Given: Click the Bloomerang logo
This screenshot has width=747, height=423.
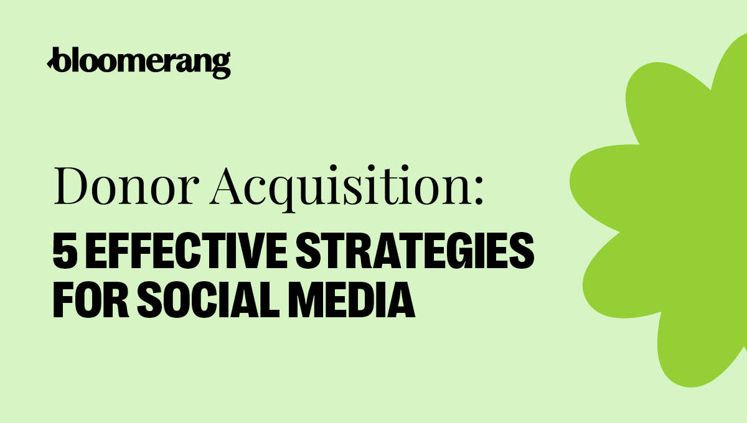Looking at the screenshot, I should point(139,62).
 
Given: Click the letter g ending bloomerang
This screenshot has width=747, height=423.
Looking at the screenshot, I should point(222,65).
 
